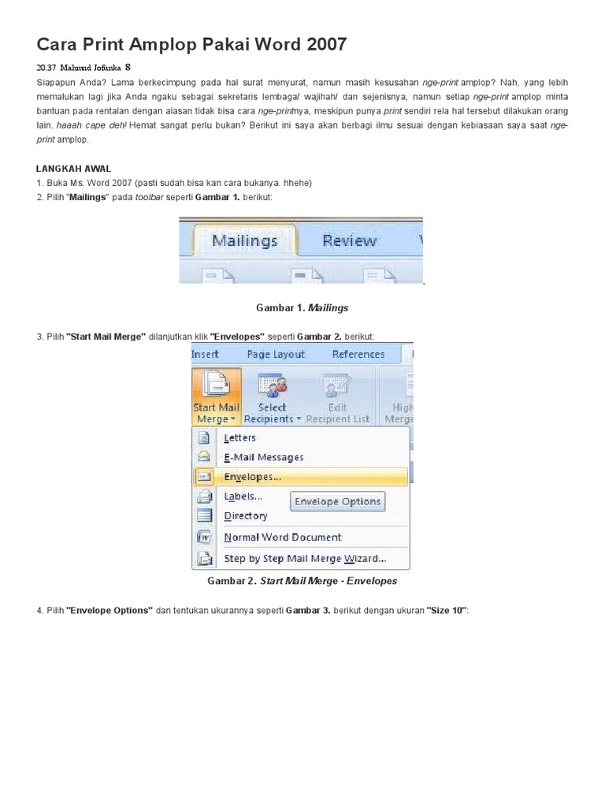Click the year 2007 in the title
[321, 45]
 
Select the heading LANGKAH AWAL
[74, 169]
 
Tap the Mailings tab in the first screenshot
[245, 240]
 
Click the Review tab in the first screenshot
[349, 240]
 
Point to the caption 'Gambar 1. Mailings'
[302, 307]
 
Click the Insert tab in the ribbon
[205, 355]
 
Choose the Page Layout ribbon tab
[276, 355]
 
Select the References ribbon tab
[358, 355]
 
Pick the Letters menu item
[239, 437]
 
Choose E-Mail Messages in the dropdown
[263, 457]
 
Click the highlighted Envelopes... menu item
[252, 477]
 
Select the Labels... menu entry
[243, 496]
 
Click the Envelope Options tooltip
[337, 501]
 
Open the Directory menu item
[245, 516]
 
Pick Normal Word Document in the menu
[282, 537]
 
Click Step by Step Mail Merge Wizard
[304, 559]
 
